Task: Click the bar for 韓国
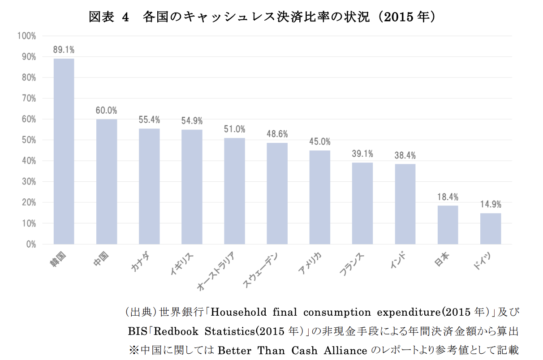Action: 64,151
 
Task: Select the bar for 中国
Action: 107,181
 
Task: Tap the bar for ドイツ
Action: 491,228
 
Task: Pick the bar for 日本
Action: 448,225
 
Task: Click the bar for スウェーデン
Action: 277,193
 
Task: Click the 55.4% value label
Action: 149,120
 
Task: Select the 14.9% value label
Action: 491,205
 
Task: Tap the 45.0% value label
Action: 320,142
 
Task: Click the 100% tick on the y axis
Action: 26,36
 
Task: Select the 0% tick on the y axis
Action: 30,244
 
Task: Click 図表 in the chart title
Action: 100,17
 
